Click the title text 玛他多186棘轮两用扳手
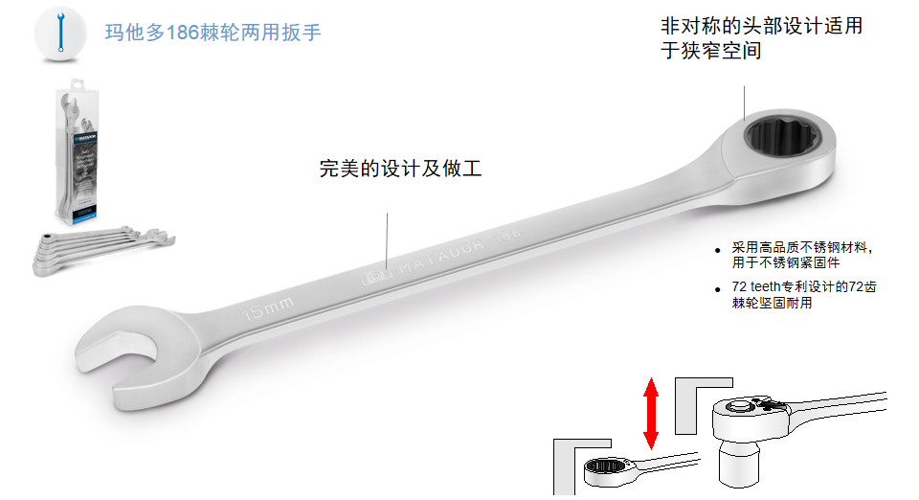[x=213, y=33]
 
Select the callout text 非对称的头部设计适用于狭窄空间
[x=761, y=38]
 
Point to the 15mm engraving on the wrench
[x=269, y=309]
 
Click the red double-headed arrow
[x=651, y=413]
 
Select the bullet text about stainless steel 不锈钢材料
[x=802, y=254]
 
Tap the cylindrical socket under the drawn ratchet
[x=741, y=466]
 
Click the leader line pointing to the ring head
[x=745, y=100]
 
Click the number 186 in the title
[x=182, y=33]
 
